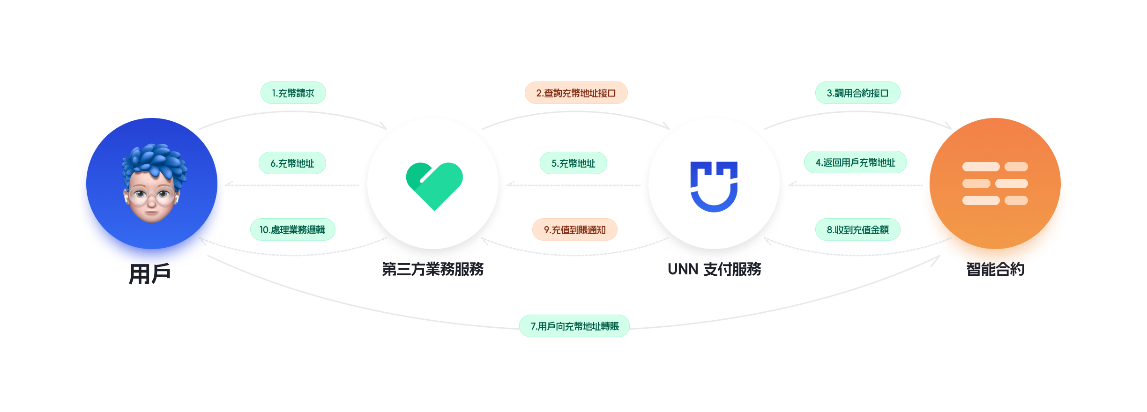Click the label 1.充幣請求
point(293,93)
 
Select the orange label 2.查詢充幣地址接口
point(576,93)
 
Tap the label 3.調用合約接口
point(857,93)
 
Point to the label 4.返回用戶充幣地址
point(855,162)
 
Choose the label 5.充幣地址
point(573,163)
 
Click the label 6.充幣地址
point(292,163)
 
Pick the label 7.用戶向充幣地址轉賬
point(574,326)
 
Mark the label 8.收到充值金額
point(857,229)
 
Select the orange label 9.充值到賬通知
point(574,229)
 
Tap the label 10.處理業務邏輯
point(292,229)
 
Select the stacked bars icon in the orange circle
point(995,184)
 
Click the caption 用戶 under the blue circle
point(150,274)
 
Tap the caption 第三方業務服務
point(433,269)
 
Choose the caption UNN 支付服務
point(714,269)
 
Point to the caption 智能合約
point(995,269)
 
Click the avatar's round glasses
point(151,195)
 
